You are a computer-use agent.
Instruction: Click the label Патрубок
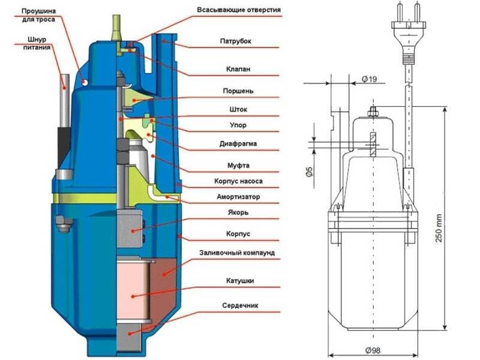click(235, 41)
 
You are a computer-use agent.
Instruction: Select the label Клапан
click(238, 69)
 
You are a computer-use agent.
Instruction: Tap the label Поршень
click(238, 91)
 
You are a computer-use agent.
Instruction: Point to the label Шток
click(238, 109)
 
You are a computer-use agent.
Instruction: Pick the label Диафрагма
click(238, 143)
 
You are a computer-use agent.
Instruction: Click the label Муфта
click(238, 166)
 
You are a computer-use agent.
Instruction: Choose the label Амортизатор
click(238, 197)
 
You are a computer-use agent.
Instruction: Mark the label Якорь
click(238, 212)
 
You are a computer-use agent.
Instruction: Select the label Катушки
click(240, 281)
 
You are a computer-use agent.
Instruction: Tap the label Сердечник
click(240, 305)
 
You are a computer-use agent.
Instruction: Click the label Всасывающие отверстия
click(239, 10)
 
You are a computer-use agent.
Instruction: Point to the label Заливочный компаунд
click(237, 253)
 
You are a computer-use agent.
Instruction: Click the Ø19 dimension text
click(369, 79)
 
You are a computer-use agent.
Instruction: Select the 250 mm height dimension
click(439, 228)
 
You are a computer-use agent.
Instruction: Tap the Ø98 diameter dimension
click(373, 350)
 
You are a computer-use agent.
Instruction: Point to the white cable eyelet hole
click(85, 82)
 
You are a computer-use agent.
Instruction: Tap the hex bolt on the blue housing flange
click(64, 224)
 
